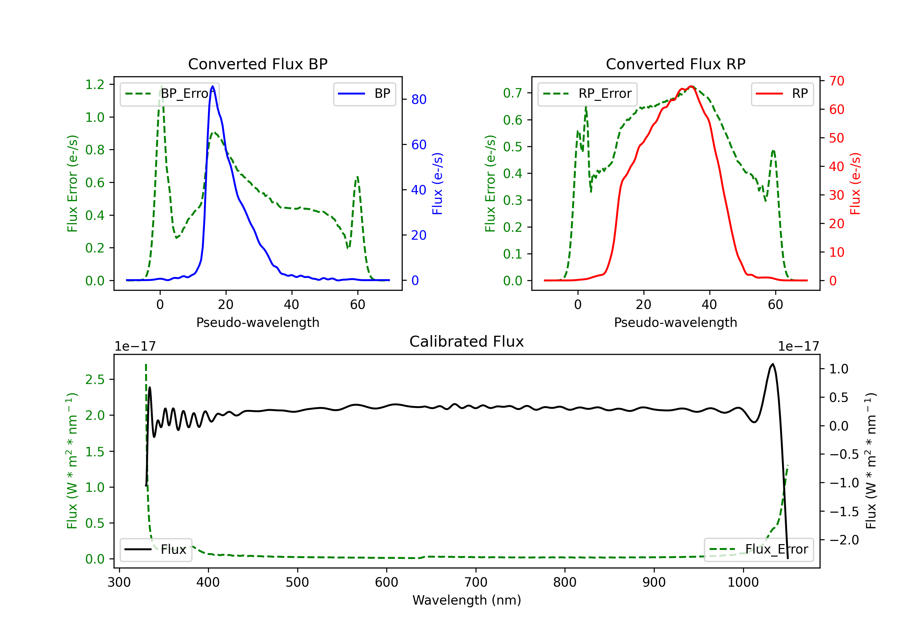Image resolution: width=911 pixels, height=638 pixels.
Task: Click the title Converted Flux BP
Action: (258, 64)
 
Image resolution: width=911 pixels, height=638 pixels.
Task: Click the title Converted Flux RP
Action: (675, 64)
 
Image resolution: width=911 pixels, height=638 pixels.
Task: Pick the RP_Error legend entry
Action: (587, 94)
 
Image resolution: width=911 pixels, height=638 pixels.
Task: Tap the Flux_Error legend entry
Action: (759, 550)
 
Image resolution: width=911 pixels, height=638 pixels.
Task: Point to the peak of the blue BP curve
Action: (213, 86)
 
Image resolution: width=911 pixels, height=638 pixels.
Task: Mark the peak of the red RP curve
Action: (691, 86)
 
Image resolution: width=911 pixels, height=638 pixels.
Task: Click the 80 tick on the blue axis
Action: (418, 99)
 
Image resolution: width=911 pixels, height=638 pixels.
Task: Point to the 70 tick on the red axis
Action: (836, 81)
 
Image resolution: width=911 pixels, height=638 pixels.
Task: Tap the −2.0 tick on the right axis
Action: (844, 540)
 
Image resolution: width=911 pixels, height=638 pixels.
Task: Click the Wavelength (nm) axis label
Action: (467, 600)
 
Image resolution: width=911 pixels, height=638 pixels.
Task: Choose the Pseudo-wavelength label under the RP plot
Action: (675, 322)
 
